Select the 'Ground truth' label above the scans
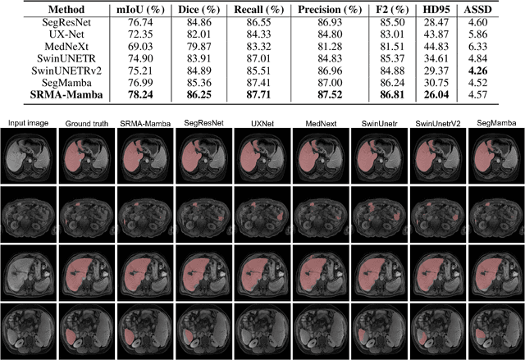pos(84,122)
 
